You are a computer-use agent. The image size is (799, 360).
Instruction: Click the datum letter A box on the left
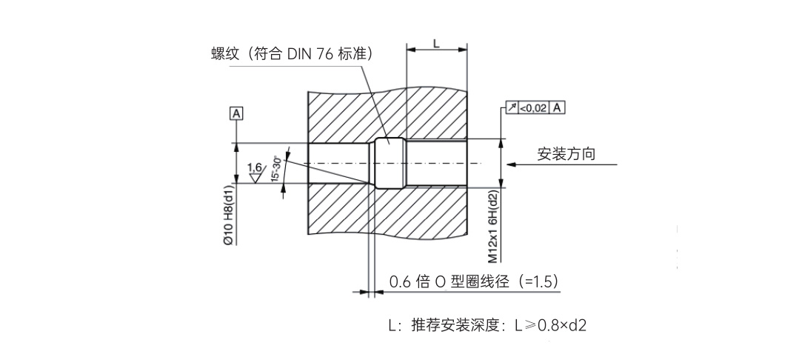click(237, 113)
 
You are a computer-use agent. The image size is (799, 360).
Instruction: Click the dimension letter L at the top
click(437, 43)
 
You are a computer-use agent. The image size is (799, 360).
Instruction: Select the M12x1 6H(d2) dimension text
click(493, 225)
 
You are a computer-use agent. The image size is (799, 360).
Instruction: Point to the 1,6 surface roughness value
click(255, 167)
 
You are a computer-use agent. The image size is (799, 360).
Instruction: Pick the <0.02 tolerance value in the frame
click(533, 108)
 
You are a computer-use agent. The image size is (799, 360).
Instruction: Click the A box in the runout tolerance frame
click(556, 108)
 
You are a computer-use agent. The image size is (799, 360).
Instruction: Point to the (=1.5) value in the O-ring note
click(538, 282)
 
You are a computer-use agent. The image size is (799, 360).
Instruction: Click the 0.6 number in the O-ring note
click(401, 282)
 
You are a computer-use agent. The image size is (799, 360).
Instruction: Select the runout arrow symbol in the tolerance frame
click(511, 108)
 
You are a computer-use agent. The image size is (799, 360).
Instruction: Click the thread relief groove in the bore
click(389, 163)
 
